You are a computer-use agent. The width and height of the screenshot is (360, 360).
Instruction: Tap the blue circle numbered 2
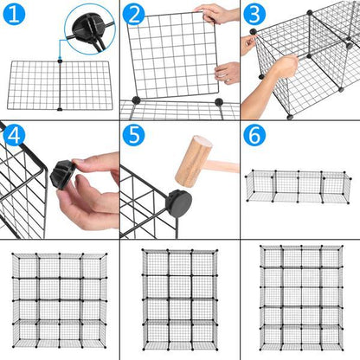coord(134,15)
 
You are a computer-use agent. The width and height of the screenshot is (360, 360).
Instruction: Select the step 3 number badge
coord(254,15)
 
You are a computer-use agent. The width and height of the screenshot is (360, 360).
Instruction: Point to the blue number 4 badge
coord(16,136)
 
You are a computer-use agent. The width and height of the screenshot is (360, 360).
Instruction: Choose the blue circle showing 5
coord(134,137)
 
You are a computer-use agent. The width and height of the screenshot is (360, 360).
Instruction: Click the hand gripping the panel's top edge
coord(217,13)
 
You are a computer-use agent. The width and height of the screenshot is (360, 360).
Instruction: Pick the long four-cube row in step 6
coord(298,185)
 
